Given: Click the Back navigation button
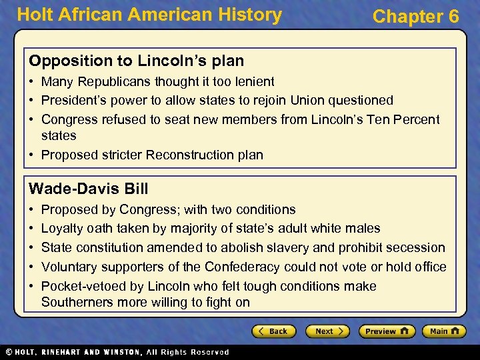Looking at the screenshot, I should (273, 331).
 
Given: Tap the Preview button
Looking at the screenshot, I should (387, 331).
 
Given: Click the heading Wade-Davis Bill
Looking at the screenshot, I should (89, 188).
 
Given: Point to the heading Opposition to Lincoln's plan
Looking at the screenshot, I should (136, 61).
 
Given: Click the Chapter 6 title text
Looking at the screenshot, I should (415, 17).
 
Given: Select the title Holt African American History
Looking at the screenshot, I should (149, 15).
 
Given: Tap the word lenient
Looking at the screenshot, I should (252, 81).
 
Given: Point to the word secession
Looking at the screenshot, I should (414, 247).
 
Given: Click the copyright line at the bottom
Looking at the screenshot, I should (117, 352).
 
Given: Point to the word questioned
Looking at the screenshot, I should (360, 100).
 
